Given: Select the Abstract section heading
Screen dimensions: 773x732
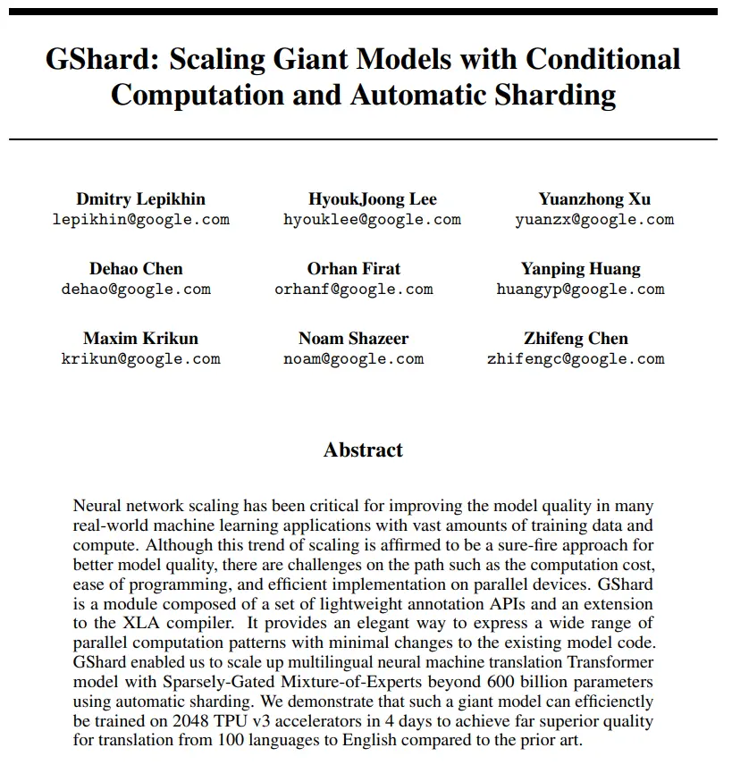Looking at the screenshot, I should click(x=363, y=450).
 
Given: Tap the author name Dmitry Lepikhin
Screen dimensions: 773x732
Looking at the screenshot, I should click(x=140, y=199).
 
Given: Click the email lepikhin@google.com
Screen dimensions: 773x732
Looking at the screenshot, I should click(x=140, y=220).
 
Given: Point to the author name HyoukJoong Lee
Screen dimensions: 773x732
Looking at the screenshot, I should click(x=372, y=199).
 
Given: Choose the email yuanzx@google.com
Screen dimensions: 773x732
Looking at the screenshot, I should click(x=594, y=220).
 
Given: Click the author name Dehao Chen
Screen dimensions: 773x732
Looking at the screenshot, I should click(x=136, y=269).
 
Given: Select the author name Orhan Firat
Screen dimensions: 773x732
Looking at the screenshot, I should click(x=354, y=269).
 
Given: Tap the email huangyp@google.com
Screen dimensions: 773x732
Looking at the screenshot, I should click(x=580, y=290).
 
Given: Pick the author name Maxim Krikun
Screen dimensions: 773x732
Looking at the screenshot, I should click(x=140, y=339).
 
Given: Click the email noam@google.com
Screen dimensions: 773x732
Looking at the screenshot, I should click(x=353, y=359).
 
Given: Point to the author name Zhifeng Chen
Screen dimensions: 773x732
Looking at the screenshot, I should click(x=576, y=339).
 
